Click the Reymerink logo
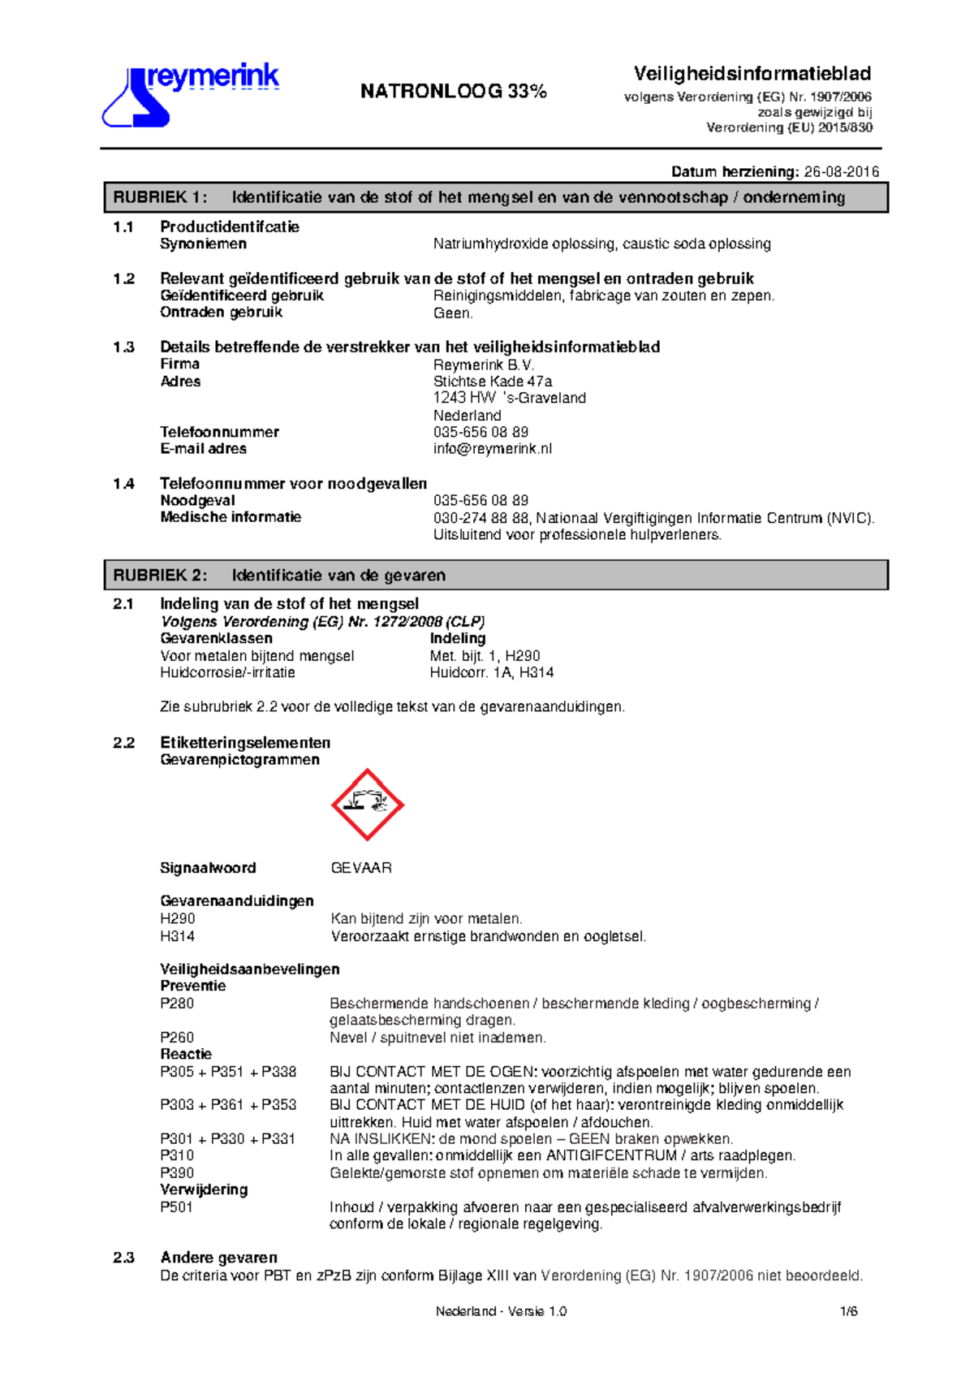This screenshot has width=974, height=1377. coord(190,96)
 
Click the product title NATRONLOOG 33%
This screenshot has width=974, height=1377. coord(453,91)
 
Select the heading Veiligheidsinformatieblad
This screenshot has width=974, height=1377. coord(752,74)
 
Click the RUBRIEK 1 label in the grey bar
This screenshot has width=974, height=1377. coord(160,197)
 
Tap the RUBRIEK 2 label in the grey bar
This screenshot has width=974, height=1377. coord(160,576)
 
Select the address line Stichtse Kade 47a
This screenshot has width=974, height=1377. coord(493,382)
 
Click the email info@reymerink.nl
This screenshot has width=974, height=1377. coord(493,449)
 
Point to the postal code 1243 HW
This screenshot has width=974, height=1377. coord(464,398)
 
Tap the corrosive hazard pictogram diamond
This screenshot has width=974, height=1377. coord(368,805)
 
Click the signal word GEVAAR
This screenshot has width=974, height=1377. coord(361,868)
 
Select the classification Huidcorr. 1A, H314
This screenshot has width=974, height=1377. coord(492,673)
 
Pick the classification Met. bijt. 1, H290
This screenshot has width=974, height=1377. coord(485,656)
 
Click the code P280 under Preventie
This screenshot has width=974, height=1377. coord(177,1004)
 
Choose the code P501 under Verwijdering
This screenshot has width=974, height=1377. coord(176,1207)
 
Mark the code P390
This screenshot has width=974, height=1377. coord(177,1173)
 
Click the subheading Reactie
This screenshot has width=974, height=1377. coord(186,1054)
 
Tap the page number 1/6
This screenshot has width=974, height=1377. coord(849,1311)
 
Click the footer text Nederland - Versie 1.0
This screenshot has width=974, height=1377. coord(501,1311)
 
